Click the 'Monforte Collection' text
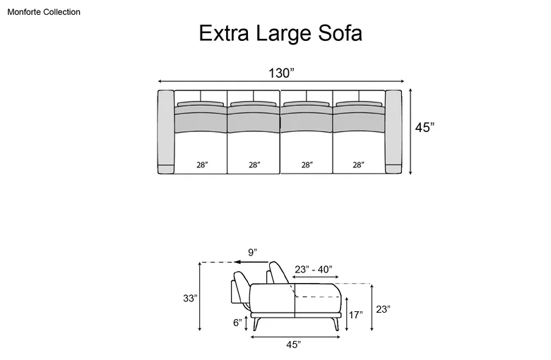point(44,12)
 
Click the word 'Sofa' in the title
point(340,33)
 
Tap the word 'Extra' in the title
point(224,33)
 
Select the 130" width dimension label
point(281,73)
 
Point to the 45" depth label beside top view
point(425,128)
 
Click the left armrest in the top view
point(166,132)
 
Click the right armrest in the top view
point(393,132)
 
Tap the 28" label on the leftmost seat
point(202,164)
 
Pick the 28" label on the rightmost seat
point(358,164)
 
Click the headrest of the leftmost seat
point(201,104)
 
